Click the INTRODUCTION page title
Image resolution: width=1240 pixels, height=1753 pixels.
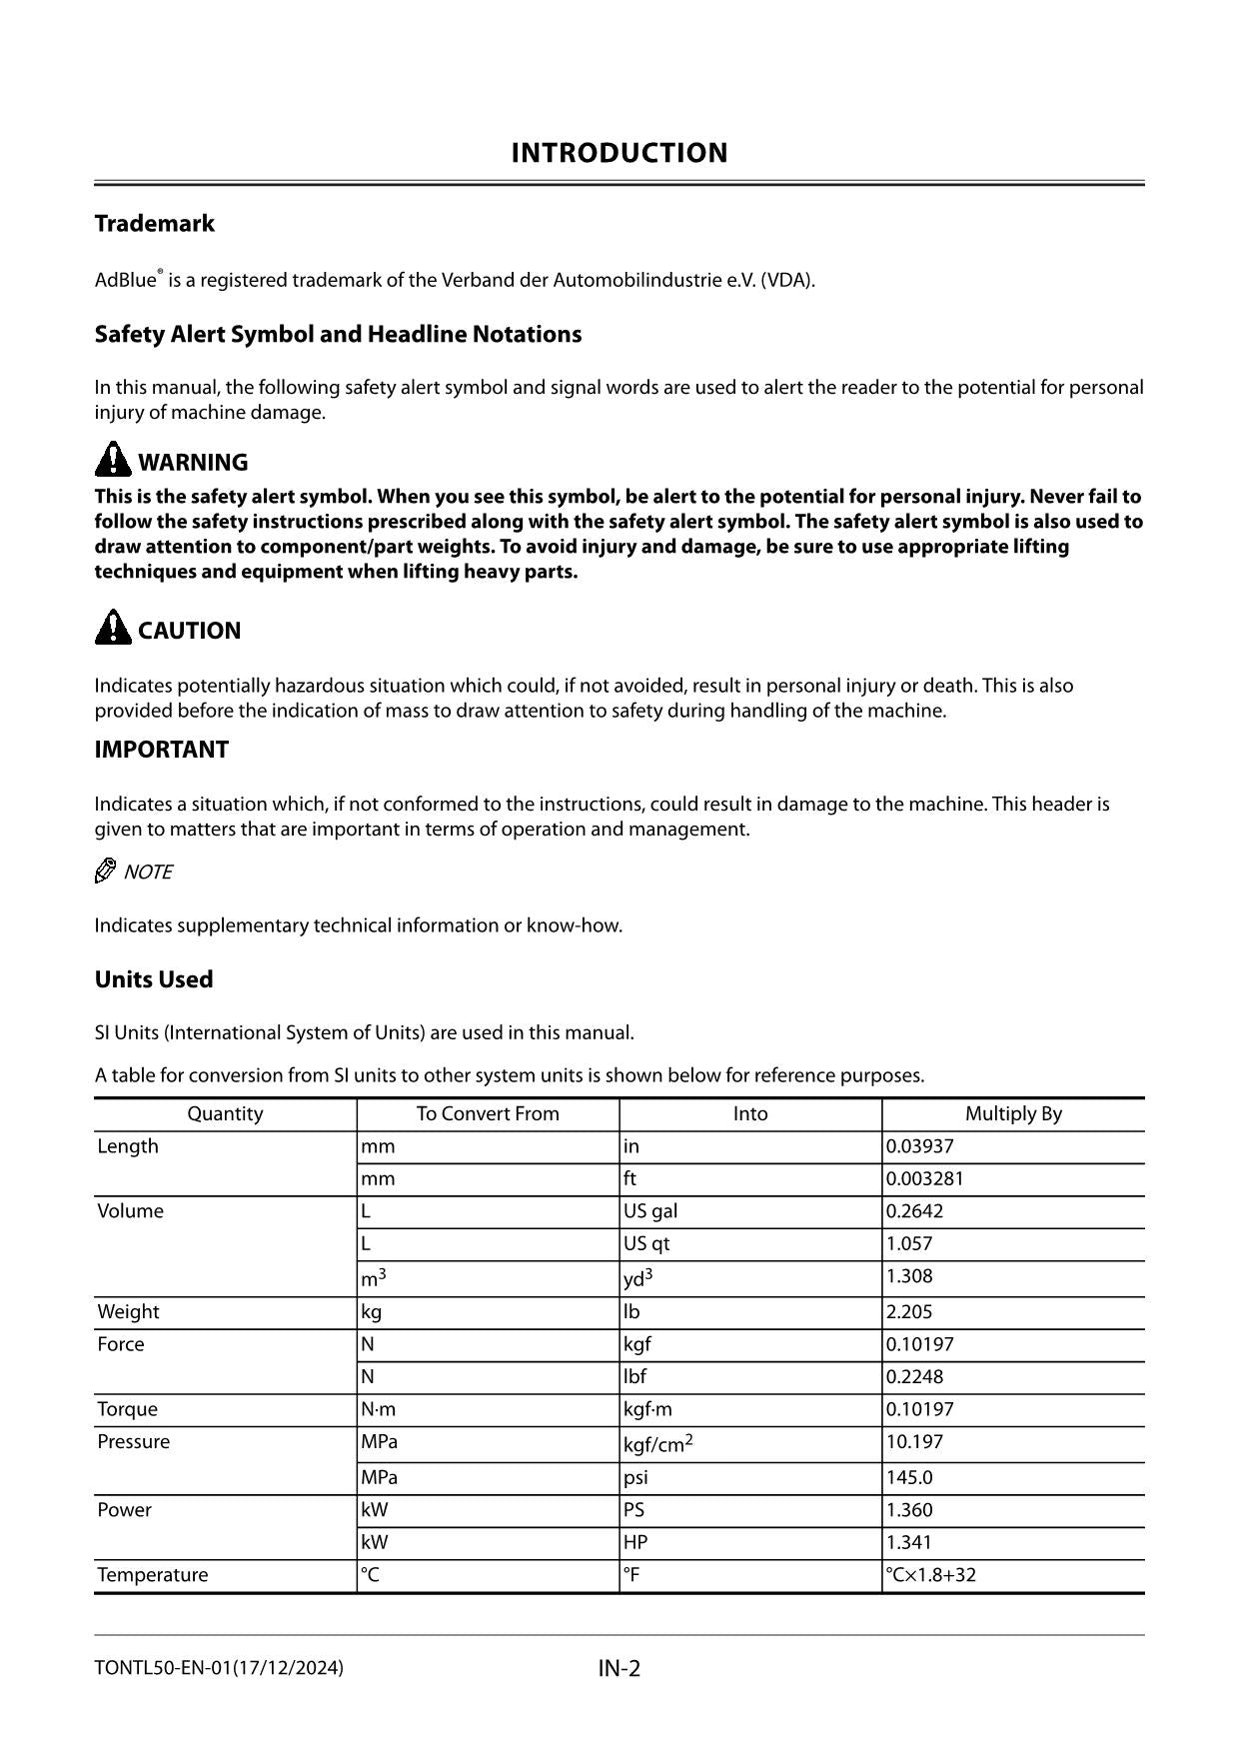tap(619, 153)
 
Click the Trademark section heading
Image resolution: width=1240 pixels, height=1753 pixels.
tap(154, 223)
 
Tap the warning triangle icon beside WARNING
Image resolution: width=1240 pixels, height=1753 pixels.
tap(113, 460)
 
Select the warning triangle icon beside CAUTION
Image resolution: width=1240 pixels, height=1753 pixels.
tap(113, 628)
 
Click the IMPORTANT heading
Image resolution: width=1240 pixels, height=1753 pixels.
tap(161, 750)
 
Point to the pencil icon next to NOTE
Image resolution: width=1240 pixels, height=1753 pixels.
tap(105, 872)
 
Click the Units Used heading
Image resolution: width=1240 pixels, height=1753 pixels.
tap(153, 979)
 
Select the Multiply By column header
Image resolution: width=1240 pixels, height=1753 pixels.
tap(1012, 1113)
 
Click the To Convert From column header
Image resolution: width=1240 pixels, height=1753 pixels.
tap(488, 1113)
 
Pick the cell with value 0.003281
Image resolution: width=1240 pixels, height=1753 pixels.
tap(924, 1178)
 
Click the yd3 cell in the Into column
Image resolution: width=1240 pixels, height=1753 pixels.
tap(637, 1277)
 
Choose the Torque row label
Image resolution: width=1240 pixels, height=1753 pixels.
tap(127, 1409)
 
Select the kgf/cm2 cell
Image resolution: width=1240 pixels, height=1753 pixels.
tap(657, 1443)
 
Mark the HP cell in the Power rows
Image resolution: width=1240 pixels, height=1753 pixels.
tap(635, 1542)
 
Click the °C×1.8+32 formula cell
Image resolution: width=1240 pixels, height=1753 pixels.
tap(930, 1575)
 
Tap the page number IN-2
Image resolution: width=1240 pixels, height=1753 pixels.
tap(619, 1668)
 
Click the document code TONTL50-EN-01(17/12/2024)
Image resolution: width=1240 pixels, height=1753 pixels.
tap(219, 1667)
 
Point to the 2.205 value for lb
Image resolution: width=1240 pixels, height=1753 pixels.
tap(908, 1311)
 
